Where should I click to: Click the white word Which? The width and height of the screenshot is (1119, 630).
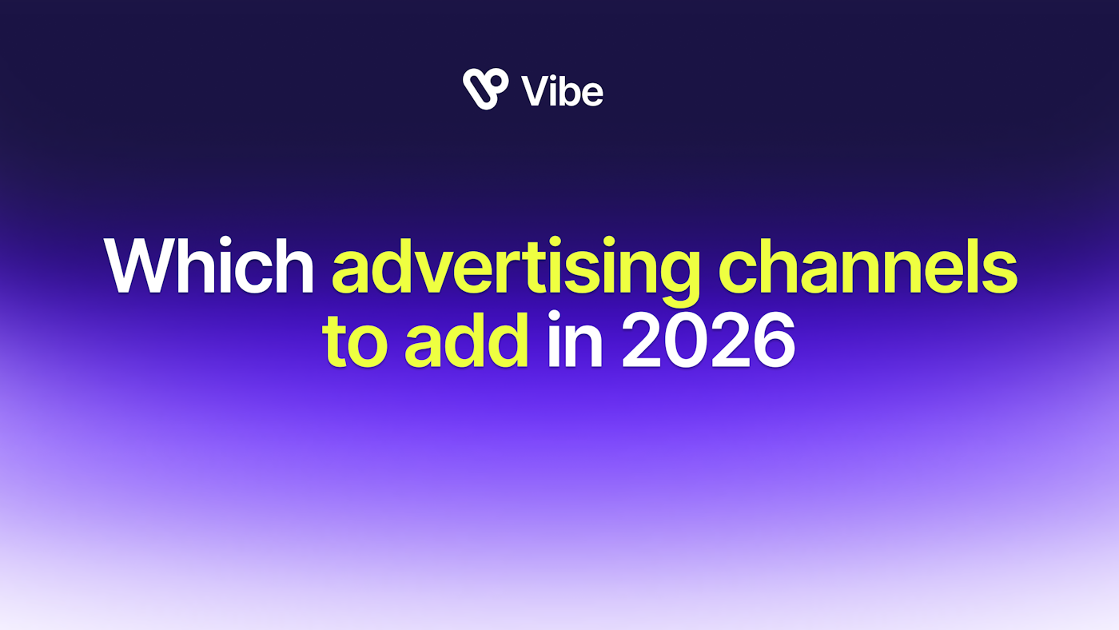(x=209, y=265)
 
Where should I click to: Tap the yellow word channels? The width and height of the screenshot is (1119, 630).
(x=868, y=265)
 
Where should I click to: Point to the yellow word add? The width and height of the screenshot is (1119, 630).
(x=466, y=339)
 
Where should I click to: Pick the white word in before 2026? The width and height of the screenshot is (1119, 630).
(x=575, y=339)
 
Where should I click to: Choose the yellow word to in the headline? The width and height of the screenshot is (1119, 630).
(x=355, y=342)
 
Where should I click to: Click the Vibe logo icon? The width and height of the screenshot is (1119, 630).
(x=486, y=89)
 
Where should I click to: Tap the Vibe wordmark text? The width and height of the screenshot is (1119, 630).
(x=562, y=91)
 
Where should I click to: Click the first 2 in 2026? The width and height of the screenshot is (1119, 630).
(x=643, y=340)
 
